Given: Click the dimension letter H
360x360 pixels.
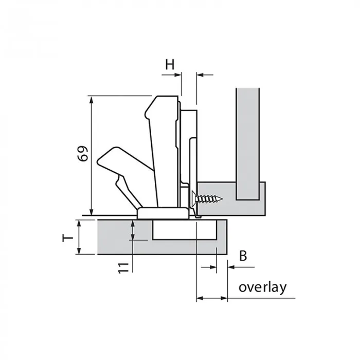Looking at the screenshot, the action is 170,64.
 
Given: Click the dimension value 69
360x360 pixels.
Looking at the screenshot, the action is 83,153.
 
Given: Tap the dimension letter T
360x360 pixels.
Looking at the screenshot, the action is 68,238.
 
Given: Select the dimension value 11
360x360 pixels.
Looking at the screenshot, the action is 124,268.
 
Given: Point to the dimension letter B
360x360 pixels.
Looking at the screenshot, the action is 243,256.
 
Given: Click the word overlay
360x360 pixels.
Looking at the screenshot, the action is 263,287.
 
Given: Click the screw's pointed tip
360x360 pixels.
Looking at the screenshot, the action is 222,199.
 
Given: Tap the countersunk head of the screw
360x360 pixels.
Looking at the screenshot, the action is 194,199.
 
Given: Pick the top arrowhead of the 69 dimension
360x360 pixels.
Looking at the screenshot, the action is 92,100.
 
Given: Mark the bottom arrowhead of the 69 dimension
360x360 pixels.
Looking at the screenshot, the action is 92,211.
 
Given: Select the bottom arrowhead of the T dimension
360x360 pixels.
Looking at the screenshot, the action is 79,250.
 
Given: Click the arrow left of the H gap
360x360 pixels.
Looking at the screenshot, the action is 171,75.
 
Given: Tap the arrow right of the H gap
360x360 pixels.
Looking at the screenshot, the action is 205,75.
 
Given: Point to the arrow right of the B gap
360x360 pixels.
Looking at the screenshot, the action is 241,267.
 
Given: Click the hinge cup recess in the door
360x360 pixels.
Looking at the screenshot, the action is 184,229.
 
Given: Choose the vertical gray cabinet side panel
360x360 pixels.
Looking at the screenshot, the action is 248,144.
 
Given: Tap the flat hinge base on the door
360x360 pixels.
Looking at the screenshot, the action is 163,213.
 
